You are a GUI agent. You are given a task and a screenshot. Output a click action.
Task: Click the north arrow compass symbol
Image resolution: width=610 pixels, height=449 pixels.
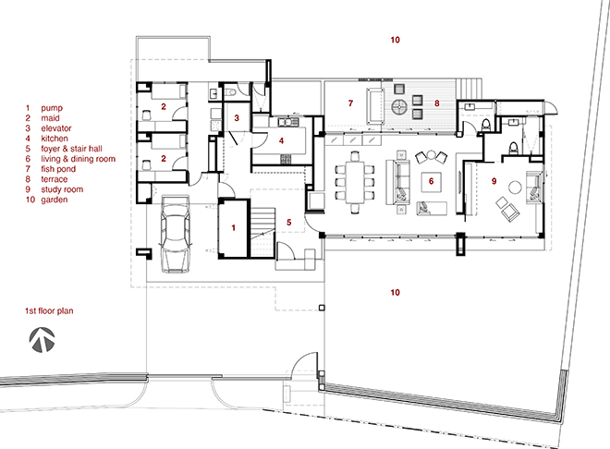tap(42, 340)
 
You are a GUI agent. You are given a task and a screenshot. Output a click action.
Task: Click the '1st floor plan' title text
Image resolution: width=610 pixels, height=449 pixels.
tap(49, 311)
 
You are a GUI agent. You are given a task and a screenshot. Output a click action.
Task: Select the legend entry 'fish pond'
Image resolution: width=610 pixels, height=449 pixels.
tap(58, 169)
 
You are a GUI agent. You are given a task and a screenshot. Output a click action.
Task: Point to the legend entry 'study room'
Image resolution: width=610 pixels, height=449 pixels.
tap(62, 189)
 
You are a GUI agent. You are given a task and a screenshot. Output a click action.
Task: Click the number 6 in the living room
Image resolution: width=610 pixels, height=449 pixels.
tap(431, 181)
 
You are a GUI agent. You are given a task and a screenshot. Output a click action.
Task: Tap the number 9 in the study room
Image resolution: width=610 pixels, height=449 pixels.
tap(494, 181)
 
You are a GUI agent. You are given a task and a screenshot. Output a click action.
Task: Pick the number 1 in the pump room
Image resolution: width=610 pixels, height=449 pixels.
tap(234, 227)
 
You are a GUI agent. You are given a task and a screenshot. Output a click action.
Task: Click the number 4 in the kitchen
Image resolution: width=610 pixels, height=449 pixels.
tap(281, 140)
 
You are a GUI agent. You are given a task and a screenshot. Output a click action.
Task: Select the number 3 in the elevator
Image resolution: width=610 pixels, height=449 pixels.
tap(237, 117)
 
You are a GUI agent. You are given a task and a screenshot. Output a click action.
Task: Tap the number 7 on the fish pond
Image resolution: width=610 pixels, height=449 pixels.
tap(350, 103)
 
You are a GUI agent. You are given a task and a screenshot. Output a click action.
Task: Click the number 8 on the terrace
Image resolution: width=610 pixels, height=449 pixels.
tap(437, 103)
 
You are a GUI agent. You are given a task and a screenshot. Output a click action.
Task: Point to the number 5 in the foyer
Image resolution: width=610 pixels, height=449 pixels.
tap(288, 222)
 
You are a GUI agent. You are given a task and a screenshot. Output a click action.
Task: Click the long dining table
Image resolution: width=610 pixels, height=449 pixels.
tap(354, 182)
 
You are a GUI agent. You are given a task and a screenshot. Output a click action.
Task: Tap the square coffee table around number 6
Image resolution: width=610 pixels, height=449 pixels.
tap(431, 182)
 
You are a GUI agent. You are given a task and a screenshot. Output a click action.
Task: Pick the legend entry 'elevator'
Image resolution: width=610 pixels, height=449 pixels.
tap(56, 128)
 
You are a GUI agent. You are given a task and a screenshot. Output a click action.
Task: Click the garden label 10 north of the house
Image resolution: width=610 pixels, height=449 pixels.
tap(395, 40)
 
